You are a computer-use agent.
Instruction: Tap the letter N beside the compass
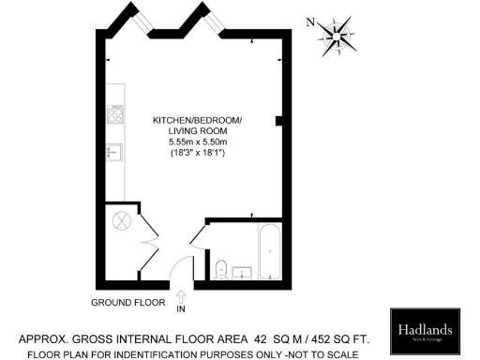pyautogui.click(x=310, y=22)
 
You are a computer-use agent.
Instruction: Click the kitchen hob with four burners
pyautogui.click(x=117, y=115)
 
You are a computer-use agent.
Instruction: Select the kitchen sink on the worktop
pyautogui.click(x=115, y=153)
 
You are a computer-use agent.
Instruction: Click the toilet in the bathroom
pyautogui.click(x=219, y=268)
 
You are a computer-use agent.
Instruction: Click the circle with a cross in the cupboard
pyautogui.click(x=122, y=222)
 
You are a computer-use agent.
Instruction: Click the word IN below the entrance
pyautogui.click(x=181, y=309)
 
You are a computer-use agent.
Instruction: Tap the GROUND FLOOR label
pyautogui.click(x=127, y=302)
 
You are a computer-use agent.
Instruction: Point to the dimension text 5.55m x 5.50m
pyautogui.click(x=198, y=142)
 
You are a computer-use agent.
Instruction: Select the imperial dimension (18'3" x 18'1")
pyautogui.click(x=198, y=152)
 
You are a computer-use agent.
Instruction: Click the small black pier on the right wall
pyautogui.click(x=278, y=121)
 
